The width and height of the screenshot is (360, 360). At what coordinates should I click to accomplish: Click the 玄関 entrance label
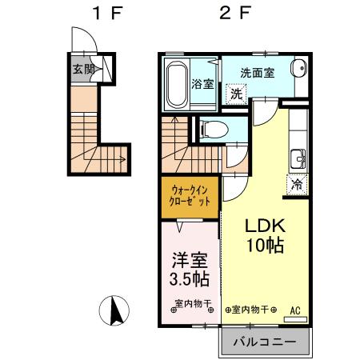[84, 70]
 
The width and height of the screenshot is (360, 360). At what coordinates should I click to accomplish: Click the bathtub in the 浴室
[176, 84]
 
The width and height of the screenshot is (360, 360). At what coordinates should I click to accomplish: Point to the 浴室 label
[202, 85]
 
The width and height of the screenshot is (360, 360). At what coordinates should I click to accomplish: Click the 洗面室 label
[258, 72]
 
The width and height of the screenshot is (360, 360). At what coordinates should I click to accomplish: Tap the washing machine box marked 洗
[236, 94]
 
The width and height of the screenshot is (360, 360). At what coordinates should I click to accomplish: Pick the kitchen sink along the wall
[299, 155]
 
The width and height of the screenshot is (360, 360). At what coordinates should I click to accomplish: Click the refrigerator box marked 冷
[297, 183]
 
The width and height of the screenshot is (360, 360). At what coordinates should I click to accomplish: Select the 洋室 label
[190, 260]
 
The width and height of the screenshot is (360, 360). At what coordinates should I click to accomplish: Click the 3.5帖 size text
[190, 279]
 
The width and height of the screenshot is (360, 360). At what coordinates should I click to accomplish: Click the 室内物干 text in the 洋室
[192, 305]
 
